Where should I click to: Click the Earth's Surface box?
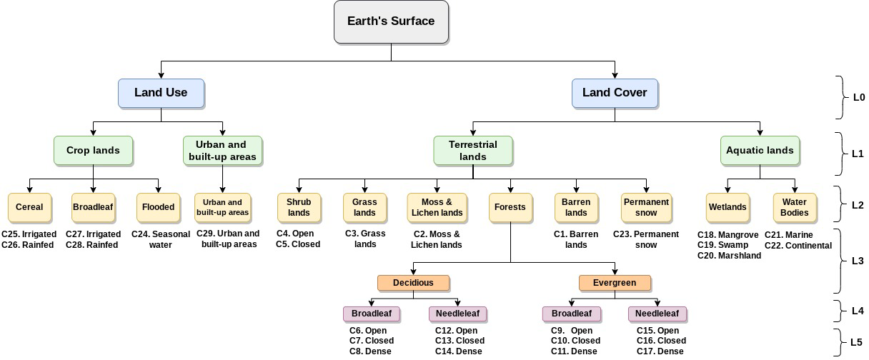(391, 21)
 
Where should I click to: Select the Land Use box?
(161, 93)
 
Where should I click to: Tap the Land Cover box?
(615, 93)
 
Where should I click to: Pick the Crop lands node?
(93, 151)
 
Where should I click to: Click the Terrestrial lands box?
(473, 151)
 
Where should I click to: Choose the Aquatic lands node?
(760, 151)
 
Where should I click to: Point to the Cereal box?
(29, 207)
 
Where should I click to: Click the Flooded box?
(158, 207)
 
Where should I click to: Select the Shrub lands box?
(299, 207)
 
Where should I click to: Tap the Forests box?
(510, 207)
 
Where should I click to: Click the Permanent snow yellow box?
(646, 207)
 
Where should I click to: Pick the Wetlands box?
(728, 207)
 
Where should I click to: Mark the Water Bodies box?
(795, 207)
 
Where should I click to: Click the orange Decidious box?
(413, 283)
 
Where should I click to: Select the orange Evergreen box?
(615, 283)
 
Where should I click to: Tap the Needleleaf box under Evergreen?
(657, 314)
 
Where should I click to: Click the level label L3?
(858, 261)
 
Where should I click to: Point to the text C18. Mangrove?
(728, 235)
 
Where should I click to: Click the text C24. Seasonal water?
(161, 239)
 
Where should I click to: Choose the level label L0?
(858, 97)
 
